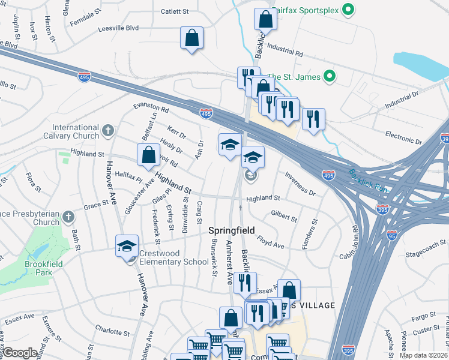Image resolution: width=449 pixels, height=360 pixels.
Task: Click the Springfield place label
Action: [232, 230]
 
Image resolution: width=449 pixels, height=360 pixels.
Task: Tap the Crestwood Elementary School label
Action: [164, 257]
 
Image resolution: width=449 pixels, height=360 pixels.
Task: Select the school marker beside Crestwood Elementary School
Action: [127, 246]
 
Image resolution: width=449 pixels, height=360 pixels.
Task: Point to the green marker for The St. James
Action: [328, 76]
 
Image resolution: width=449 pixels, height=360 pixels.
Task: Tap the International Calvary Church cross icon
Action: [107, 130]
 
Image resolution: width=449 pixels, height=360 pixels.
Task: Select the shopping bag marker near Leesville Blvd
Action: [191, 39]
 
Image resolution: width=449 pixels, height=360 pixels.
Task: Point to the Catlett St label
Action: [175, 11]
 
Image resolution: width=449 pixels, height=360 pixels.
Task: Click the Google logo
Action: [20, 353]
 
